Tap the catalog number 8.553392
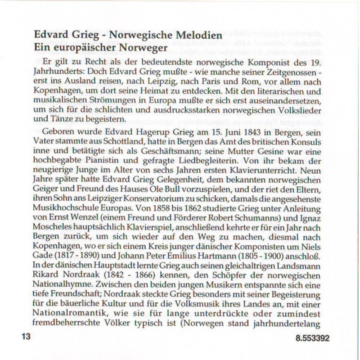coord(312,338)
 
